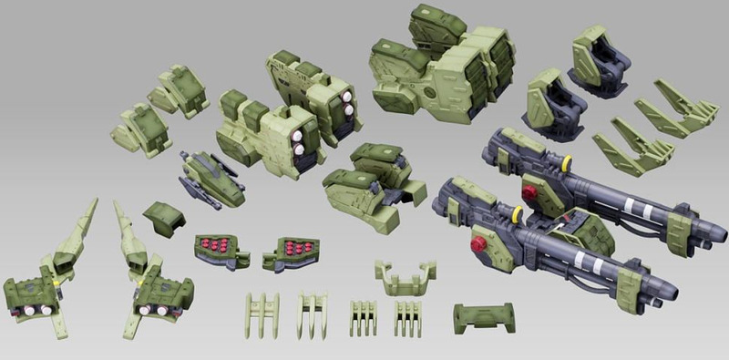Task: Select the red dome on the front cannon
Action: pos(476,245)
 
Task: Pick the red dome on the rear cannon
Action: pos(528,192)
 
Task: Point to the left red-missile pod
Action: pos(214,247)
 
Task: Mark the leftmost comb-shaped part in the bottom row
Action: pos(261,314)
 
